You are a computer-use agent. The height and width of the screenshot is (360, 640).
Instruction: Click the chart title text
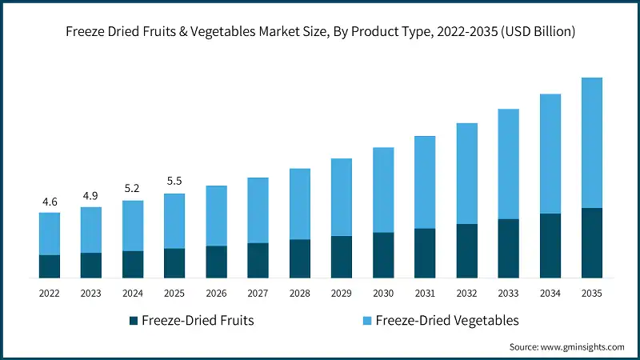[x=320, y=32]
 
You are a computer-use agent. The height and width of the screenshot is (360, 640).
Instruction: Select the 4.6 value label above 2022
[x=50, y=202]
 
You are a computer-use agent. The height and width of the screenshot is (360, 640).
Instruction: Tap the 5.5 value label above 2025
[x=174, y=182]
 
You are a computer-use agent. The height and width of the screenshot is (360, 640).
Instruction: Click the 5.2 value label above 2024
[x=133, y=190]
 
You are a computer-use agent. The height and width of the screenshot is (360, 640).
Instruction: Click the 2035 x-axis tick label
[x=591, y=294]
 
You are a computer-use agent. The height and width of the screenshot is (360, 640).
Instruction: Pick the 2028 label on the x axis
[x=299, y=294]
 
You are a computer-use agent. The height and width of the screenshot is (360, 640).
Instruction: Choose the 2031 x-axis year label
[x=424, y=294]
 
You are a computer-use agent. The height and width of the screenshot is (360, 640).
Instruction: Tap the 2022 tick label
[x=50, y=294]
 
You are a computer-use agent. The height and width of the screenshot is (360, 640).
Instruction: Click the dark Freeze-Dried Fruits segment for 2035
[x=591, y=243]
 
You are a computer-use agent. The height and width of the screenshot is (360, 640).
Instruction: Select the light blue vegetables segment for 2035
[x=591, y=142]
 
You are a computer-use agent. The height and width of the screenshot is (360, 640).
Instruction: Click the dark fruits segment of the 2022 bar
[x=50, y=266]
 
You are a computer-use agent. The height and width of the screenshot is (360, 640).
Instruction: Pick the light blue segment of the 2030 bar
[x=382, y=190]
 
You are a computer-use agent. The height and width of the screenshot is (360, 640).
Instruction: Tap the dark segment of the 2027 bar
[x=258, y=261]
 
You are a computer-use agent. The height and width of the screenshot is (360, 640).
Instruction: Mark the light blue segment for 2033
[x=508, y=164]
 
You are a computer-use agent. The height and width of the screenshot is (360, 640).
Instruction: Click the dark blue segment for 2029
[x=341, y=257]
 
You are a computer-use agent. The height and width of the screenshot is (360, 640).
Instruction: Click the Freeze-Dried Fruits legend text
[x=198, y=321]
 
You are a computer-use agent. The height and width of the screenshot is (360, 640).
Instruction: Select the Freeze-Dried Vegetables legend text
[x=446, y=321]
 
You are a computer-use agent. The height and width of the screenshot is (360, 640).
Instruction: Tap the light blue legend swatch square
[x=366, y=321]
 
